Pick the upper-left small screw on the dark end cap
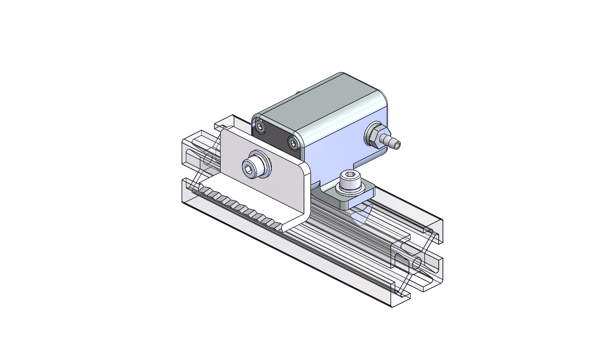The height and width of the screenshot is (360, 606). [261, 127]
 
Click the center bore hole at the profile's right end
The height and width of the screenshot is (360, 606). [417, 263]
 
